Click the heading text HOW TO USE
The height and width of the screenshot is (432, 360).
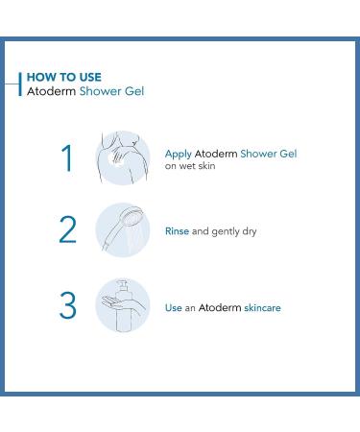tap(63, 77)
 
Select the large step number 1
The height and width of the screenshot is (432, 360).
tap(66, 158)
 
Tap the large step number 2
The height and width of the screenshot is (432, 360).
tap(66, 231)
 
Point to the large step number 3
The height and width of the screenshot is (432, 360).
tap(66, 305)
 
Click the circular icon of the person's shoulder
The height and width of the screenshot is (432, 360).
tap(123, 157)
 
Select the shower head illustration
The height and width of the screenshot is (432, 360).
tap(123, 230)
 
